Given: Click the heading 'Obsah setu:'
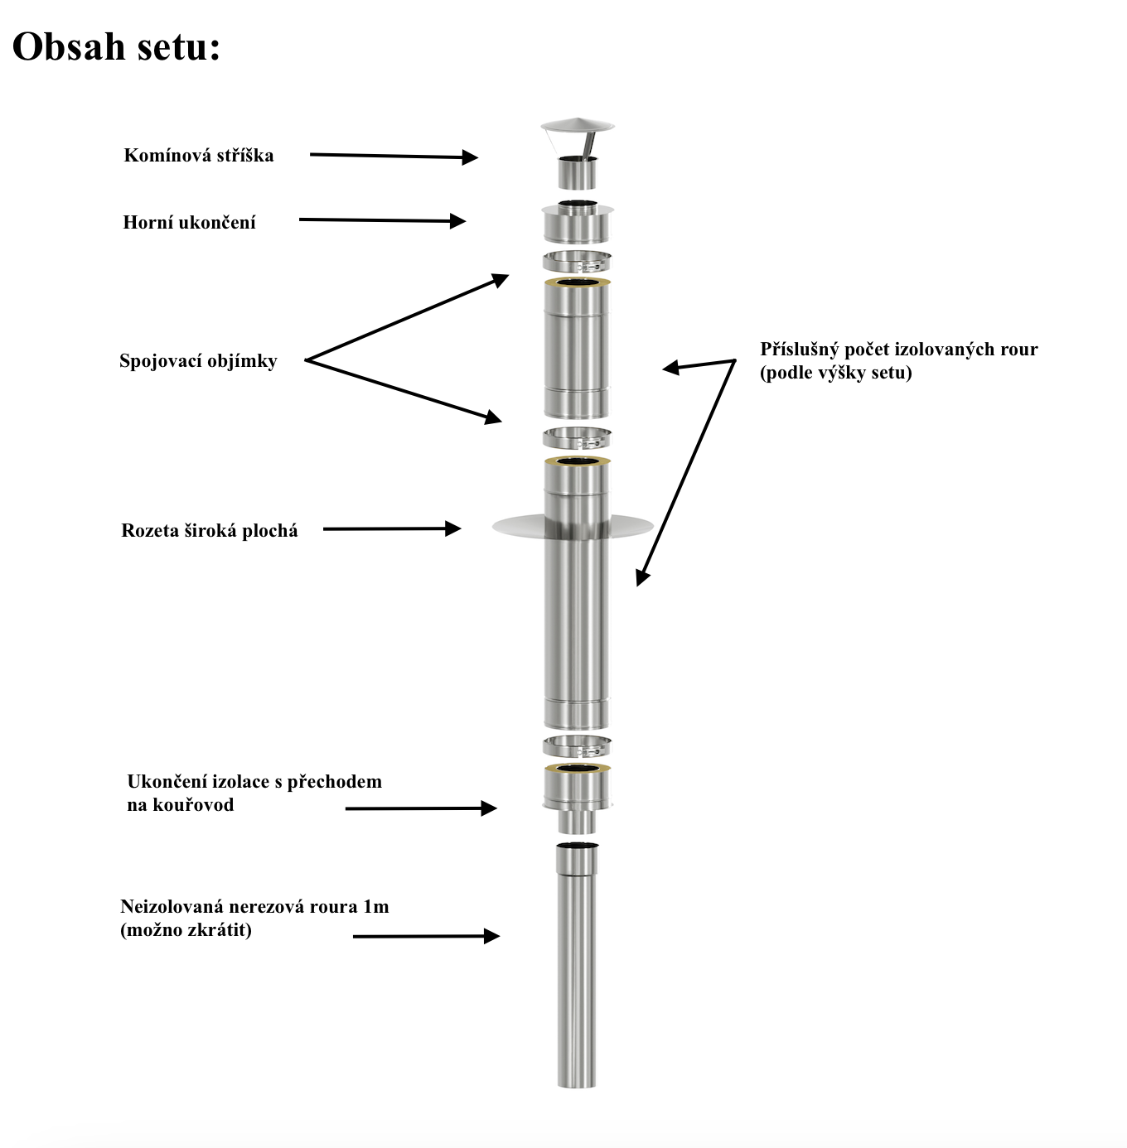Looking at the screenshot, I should [x=116, y=46].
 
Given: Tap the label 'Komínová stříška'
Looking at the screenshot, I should [x=199, y=156].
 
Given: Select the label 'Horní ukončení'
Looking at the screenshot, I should [x=189, y=222].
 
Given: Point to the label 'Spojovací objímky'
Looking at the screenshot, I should [x=198, y=361].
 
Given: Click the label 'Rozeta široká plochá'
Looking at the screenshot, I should [x=209, y=531].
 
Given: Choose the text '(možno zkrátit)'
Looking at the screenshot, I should [x=186, y=930].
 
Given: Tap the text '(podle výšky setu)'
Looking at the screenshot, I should [x=835, y=373].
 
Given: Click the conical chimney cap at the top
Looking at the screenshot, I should [x=578, y=128].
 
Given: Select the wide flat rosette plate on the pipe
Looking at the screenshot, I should [x=514, y=525].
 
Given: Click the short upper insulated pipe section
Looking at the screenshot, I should [x=577, y=348].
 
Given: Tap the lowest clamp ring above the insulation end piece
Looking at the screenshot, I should [x=577, y=745].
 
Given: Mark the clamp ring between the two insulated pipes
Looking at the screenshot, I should [x=577, y=437].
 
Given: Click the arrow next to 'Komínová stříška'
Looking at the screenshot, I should [x=394, y=156].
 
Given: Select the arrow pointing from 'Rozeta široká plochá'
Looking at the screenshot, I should [x=391, y=528].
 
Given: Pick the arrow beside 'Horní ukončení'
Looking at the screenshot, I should [x=382, y=220].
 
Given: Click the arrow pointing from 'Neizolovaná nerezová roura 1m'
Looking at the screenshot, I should [x=426, y=936].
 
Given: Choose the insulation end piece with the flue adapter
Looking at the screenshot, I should [x=577, y=795].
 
